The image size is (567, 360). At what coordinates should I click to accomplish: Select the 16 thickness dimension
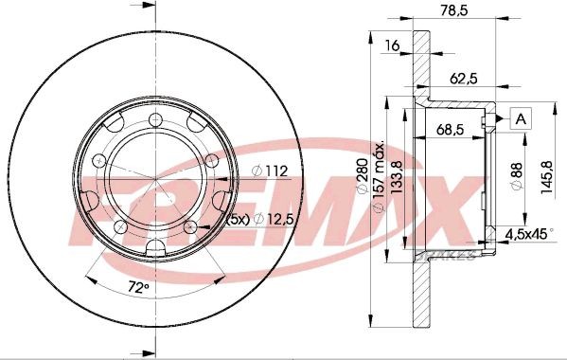pyautogui.click(x=390, y=45)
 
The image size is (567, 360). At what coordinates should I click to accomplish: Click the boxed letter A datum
pyautogui.click(x=520, y=118)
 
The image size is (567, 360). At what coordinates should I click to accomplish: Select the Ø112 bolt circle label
pyautogui.click(x=269, y=171)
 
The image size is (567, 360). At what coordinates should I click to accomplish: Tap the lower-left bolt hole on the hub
pyautogui.click(x=119, y=227)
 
